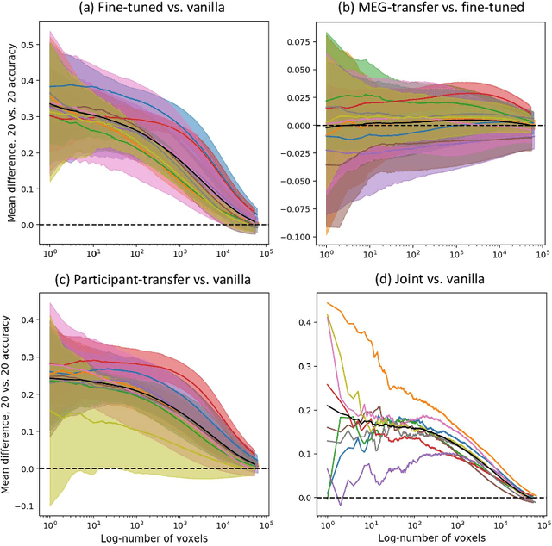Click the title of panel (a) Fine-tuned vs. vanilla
(152, 9)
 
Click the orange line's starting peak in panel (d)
(328, 303)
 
